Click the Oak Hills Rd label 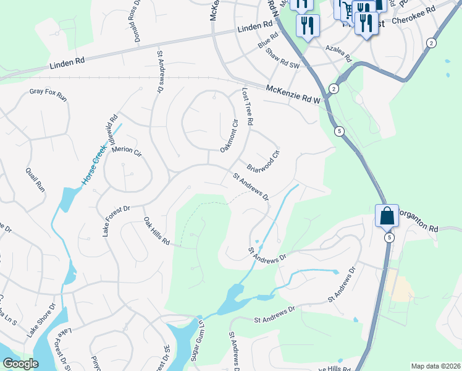pos(156,231)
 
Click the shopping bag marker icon pos(387,216)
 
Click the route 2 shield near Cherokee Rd pos(430,42)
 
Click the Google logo pos(20,364)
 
